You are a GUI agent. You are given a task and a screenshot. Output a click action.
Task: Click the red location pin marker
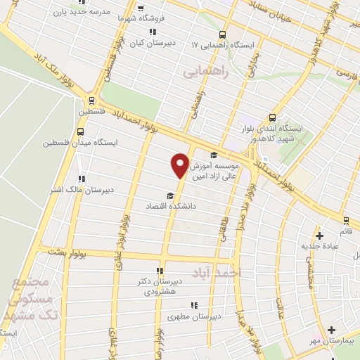point(181,165)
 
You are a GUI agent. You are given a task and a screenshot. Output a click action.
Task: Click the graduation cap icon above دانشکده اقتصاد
point(169,196)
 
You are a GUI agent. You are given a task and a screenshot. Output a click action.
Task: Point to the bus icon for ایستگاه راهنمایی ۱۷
point(222,34)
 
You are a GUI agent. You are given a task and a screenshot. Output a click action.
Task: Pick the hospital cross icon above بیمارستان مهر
point(331,329)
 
